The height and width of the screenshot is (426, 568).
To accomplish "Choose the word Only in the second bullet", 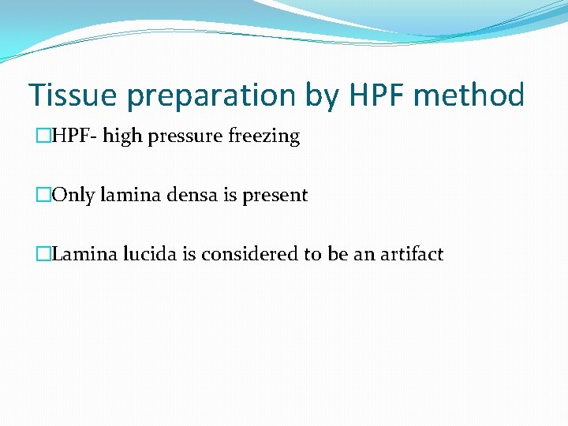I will (73, 196).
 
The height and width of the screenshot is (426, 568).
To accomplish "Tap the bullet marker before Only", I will (43, 196).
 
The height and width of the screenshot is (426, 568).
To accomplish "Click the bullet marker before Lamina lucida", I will (43, 254).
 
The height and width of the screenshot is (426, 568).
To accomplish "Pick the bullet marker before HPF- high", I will (43, 136).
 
